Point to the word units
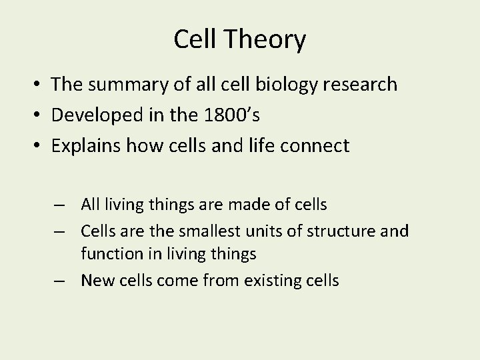[257, 230]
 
